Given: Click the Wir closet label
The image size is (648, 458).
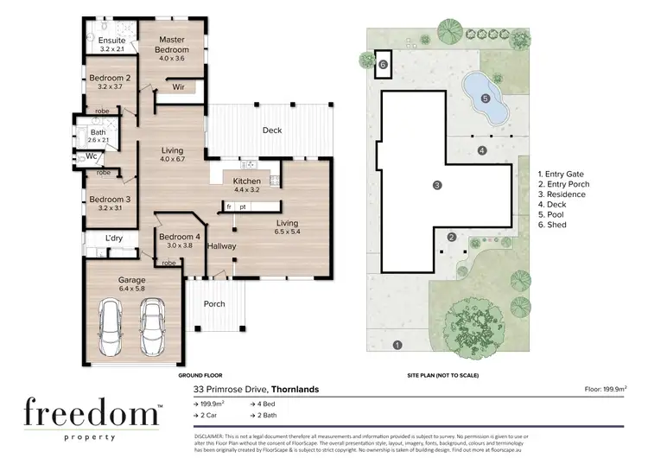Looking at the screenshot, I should pos(179,87).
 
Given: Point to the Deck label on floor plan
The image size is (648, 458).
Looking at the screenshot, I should pos(272,130).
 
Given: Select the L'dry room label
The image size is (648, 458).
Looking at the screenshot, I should pos(113,238).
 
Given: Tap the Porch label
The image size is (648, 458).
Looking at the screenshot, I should pos(213,304).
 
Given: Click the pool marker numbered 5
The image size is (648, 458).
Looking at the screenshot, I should pos(485,99).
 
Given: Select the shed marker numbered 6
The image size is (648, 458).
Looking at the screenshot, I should pos(382,63).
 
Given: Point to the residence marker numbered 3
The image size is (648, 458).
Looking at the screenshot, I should pos(437,184).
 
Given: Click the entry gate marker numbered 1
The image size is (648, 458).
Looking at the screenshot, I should pos(397,346).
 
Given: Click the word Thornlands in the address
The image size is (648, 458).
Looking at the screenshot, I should pos(295,389).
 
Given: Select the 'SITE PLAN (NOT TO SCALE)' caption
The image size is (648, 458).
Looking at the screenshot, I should pos(442,376).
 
